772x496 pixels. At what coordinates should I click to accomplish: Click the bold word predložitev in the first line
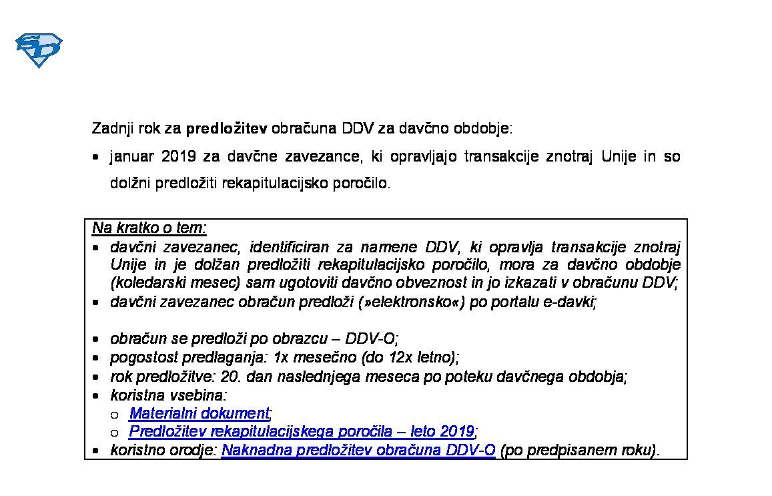click(x=226, y=128)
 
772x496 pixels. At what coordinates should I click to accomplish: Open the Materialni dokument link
click(x=200, y=413)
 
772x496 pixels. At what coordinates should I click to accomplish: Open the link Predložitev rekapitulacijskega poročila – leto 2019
click(x=302, y=431)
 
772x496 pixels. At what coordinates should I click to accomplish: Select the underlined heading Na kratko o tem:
click(x=149, y=228)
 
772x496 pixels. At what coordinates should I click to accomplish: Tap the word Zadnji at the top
click(x=111, y=128)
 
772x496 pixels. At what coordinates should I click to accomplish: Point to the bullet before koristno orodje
click(x=97, y=451)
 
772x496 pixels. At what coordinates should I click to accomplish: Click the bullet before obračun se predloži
click(x=97, y=340)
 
